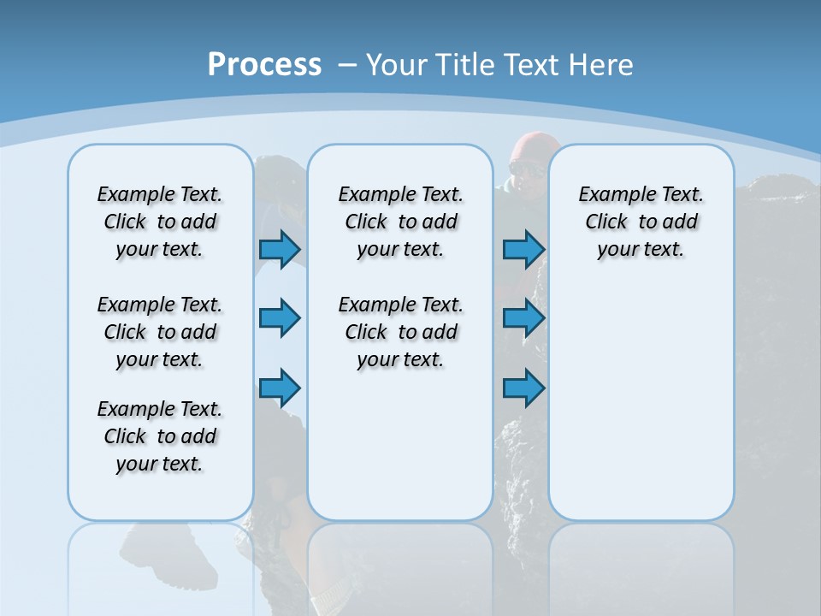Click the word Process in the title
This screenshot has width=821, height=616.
tap(264, 64)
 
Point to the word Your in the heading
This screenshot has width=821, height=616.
tap(399, 64)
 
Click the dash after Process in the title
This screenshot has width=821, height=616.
tap(347, 65)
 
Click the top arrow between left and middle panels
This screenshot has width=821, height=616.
tap(280, 249)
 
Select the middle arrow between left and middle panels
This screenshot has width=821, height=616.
tap(280, 318)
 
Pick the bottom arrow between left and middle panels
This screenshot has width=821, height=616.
tap(280, 388)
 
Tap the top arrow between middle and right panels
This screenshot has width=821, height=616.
tap(523, 249)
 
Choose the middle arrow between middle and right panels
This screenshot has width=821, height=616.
tap(523, 318)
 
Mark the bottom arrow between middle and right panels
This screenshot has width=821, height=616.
tap(523, 388)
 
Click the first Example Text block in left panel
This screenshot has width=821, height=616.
tap(160, 222)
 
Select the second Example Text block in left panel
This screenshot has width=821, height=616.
tap(160, 332)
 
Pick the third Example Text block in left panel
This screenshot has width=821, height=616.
tap(160, 436)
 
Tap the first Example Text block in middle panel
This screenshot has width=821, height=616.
tap(400, 222)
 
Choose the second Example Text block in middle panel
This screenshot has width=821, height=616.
tap(400, 332)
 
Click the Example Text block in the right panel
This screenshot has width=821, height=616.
tap(641, 222)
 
